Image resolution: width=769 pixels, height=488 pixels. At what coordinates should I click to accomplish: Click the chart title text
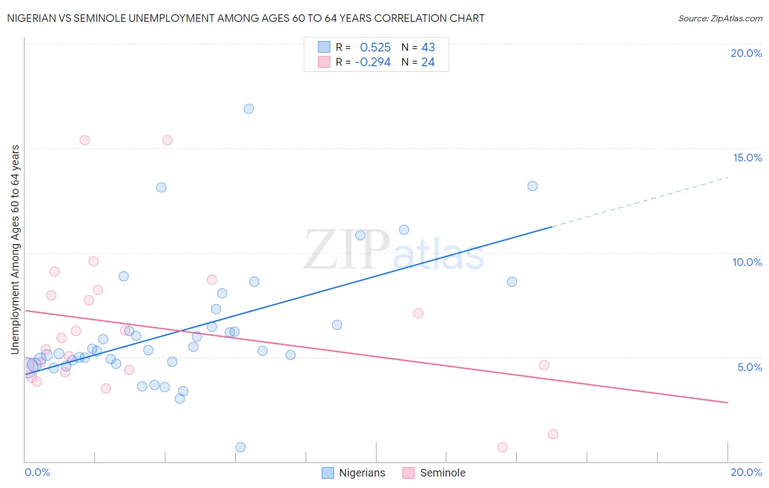coord(246,18)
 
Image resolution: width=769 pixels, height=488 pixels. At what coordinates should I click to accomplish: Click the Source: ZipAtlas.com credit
coord(720,18)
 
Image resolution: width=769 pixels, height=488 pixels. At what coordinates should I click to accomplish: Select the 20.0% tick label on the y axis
coord(746,53)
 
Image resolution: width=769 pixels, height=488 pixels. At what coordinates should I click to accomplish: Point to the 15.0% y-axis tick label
coord(747,158)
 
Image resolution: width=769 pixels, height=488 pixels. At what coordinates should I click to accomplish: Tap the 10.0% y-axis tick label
coord(747,262)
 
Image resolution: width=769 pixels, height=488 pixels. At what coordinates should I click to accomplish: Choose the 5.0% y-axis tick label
coord(749,367)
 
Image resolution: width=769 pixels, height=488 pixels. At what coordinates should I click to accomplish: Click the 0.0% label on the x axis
coord(37,472)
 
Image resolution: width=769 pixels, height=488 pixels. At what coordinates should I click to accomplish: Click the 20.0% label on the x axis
coord(746,472)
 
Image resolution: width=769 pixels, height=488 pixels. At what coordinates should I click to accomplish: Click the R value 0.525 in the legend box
coord(375,48)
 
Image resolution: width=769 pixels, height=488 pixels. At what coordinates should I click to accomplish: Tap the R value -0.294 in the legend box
coord(372,62)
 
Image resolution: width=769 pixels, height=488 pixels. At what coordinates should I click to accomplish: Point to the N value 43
coord(428,48)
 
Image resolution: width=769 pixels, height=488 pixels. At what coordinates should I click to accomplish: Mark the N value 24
coord(428,62)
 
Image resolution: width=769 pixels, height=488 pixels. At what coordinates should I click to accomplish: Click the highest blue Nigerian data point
coord(249,109)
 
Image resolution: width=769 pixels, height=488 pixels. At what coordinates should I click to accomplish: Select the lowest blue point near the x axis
coord(241,447)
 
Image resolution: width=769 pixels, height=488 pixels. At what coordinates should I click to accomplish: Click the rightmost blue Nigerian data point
coord(532,186)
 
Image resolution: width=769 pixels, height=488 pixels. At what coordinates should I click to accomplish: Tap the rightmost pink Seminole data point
coord(553,434)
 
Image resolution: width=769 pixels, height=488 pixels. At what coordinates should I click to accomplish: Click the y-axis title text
coord(15,249)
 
